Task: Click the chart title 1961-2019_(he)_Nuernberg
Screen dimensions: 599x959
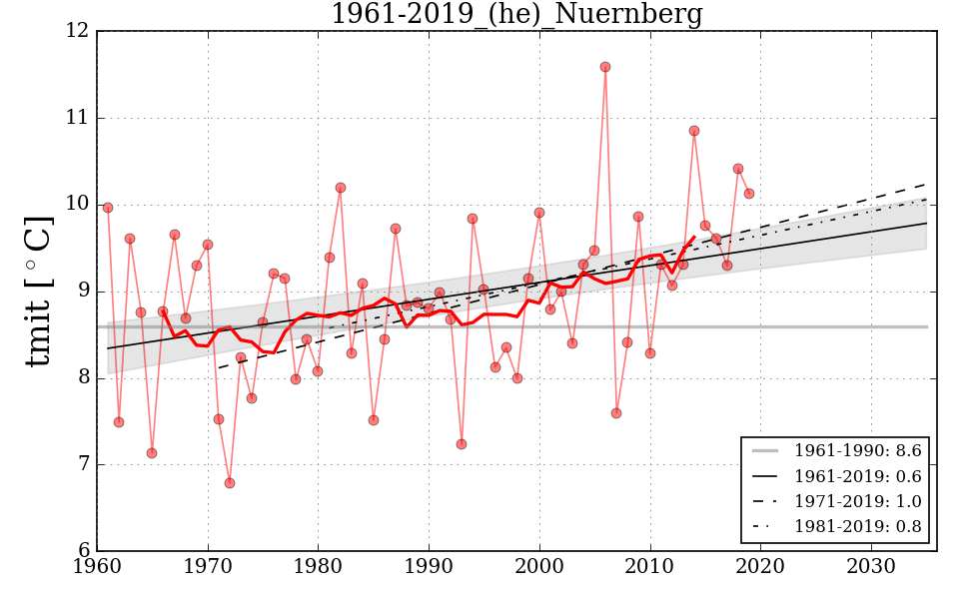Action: pos(516,15)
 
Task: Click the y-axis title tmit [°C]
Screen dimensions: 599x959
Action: pos(38,291)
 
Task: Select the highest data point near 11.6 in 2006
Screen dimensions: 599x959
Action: pos(605,67)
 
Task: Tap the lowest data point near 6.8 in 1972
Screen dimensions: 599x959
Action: pos(230,483)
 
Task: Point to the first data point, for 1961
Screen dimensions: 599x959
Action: pos(108,208)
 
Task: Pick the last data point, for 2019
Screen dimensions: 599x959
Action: pos(749,194)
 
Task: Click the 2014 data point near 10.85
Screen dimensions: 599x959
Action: pos(694,131)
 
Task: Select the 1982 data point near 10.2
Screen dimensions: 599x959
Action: pos(341,188)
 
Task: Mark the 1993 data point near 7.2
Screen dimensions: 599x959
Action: pos(462,444)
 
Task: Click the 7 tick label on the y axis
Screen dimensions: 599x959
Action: pos(82,464)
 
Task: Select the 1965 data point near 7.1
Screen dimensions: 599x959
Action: pos(152,453)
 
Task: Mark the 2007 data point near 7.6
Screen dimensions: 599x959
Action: pos(616,413)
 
